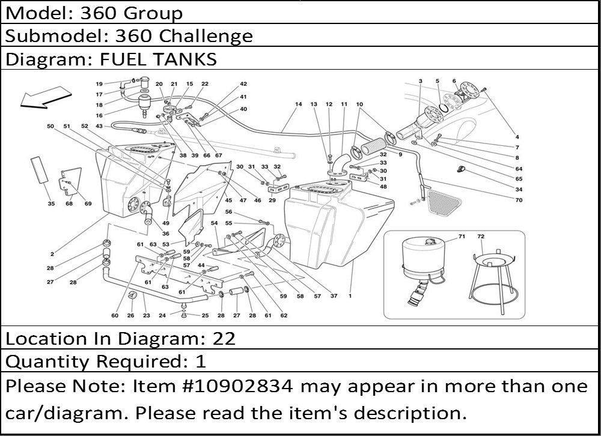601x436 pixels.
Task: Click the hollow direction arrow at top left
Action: (x=45, y=97)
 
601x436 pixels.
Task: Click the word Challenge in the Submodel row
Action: (x=205, y=36)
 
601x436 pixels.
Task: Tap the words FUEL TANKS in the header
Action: (x=158, y=59)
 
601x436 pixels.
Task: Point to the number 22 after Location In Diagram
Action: (x=224, y=339)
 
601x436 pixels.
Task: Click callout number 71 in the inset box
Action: (x=462, y=237)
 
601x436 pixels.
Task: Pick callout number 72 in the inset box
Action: (x=481, y=237)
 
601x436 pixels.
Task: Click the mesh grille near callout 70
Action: (x=444, y=204)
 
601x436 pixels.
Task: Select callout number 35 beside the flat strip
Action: (x=51, y=204)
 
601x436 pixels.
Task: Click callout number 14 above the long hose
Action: (x=299, y=104)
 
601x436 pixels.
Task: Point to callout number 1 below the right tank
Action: (x=350, y=296)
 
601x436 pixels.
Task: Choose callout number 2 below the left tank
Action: (x=52, y=253)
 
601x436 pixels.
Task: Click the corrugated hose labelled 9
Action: (x=374, y=147)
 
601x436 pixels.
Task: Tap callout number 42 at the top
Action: (x=243, y=84)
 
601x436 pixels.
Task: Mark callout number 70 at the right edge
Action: (x=519, y=199)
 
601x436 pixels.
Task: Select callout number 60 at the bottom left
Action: (x=115, y=315)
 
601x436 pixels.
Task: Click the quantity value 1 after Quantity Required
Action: (x=201, y=362)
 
